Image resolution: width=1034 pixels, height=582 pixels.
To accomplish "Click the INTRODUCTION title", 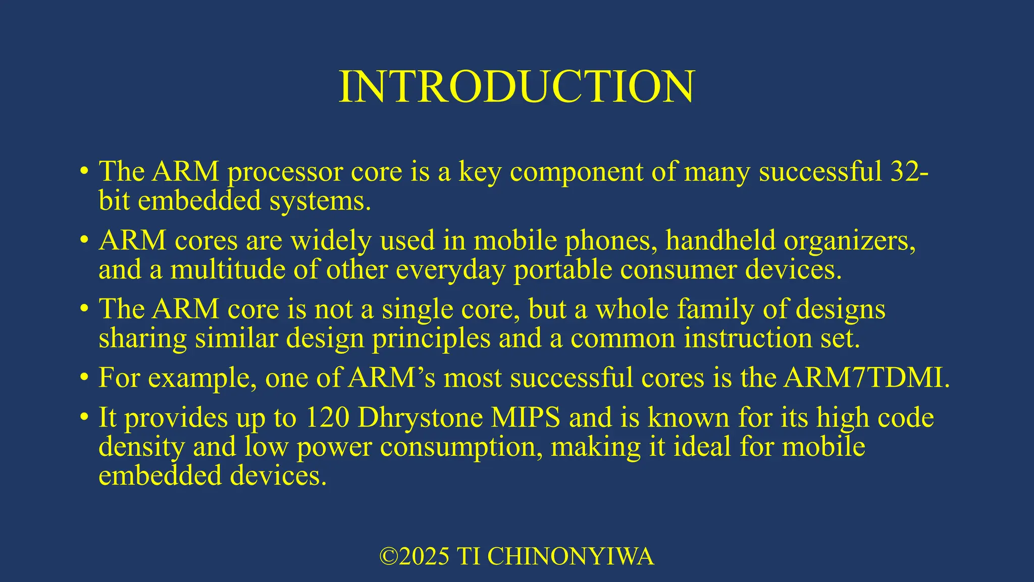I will tap(516, 86).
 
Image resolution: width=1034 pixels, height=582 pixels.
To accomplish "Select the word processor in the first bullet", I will tap(285, 172).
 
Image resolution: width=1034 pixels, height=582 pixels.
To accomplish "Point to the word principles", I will tap(431, 338).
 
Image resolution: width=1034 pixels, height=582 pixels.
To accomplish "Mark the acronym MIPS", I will tap(526, 418).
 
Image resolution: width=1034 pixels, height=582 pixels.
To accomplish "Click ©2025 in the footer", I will tap(414, 556).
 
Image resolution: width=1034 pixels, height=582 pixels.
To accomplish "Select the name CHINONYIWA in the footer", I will tap(571, 556).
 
